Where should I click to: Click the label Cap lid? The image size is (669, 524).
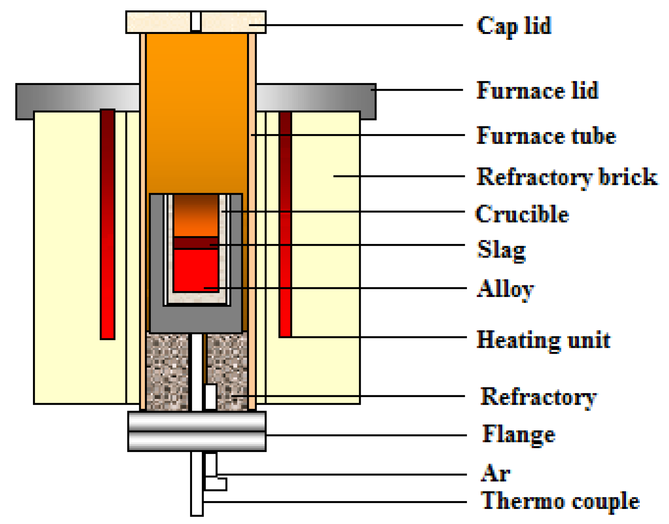513,26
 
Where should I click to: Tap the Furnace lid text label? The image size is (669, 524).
537,90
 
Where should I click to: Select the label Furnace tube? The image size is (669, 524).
546,136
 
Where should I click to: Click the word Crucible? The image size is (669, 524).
522,214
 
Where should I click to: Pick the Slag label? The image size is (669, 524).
501,250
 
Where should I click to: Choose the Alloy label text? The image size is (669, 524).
505,289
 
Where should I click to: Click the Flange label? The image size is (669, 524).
518,434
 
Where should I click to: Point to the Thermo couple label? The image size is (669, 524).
560,501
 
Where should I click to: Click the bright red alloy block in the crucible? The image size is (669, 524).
196,270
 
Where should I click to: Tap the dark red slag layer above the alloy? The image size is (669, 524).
196,243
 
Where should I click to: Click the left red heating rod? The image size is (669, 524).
107,224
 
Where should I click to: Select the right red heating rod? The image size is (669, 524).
285,224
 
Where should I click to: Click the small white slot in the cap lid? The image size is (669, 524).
196,21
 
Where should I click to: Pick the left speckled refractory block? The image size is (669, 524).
167,372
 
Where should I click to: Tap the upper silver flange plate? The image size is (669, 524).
197,421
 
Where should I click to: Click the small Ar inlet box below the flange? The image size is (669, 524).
216,484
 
